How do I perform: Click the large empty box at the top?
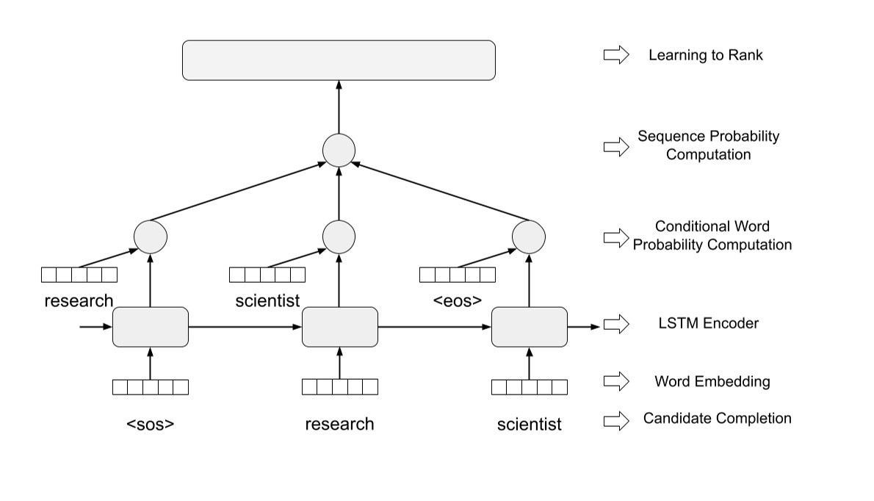(339, 60)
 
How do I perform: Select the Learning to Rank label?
(705, 55)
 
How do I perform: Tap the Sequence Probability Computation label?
(708, 145)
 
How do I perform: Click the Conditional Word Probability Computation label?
(712, 235)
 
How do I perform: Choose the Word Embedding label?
(712, 381)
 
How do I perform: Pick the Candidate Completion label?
(717, 419)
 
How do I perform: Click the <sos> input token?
(150, 424)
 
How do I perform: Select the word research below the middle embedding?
(339, 424)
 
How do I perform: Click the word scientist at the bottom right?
(529, 424)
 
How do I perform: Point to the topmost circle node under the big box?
(339, 150)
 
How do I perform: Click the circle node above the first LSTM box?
(151, 237)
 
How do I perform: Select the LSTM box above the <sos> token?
(151, 327)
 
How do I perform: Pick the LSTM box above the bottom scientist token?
(529, 327)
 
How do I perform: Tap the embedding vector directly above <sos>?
(151, 386)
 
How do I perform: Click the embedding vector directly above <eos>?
(457, 275)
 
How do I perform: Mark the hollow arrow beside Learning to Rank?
(616, 55)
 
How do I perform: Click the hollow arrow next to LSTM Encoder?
(616, 324)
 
